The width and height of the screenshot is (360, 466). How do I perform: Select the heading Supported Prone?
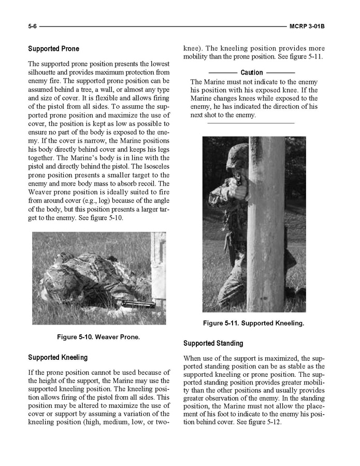click(x=53, y=49)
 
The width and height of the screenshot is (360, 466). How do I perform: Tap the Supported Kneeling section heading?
click(x=57, y=357)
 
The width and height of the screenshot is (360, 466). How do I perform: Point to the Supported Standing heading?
click(x=213, y=343)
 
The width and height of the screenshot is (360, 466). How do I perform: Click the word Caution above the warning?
click(x=251, y=73)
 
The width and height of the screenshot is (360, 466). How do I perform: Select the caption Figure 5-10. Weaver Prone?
click(x=98, y=337)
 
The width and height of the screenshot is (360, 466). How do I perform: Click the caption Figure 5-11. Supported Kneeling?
click(x=253, y=323)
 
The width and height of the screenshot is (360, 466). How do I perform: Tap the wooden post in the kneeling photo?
click(x=266, y=223)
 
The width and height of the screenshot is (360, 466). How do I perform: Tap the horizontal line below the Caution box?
click(x=251, y=123)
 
